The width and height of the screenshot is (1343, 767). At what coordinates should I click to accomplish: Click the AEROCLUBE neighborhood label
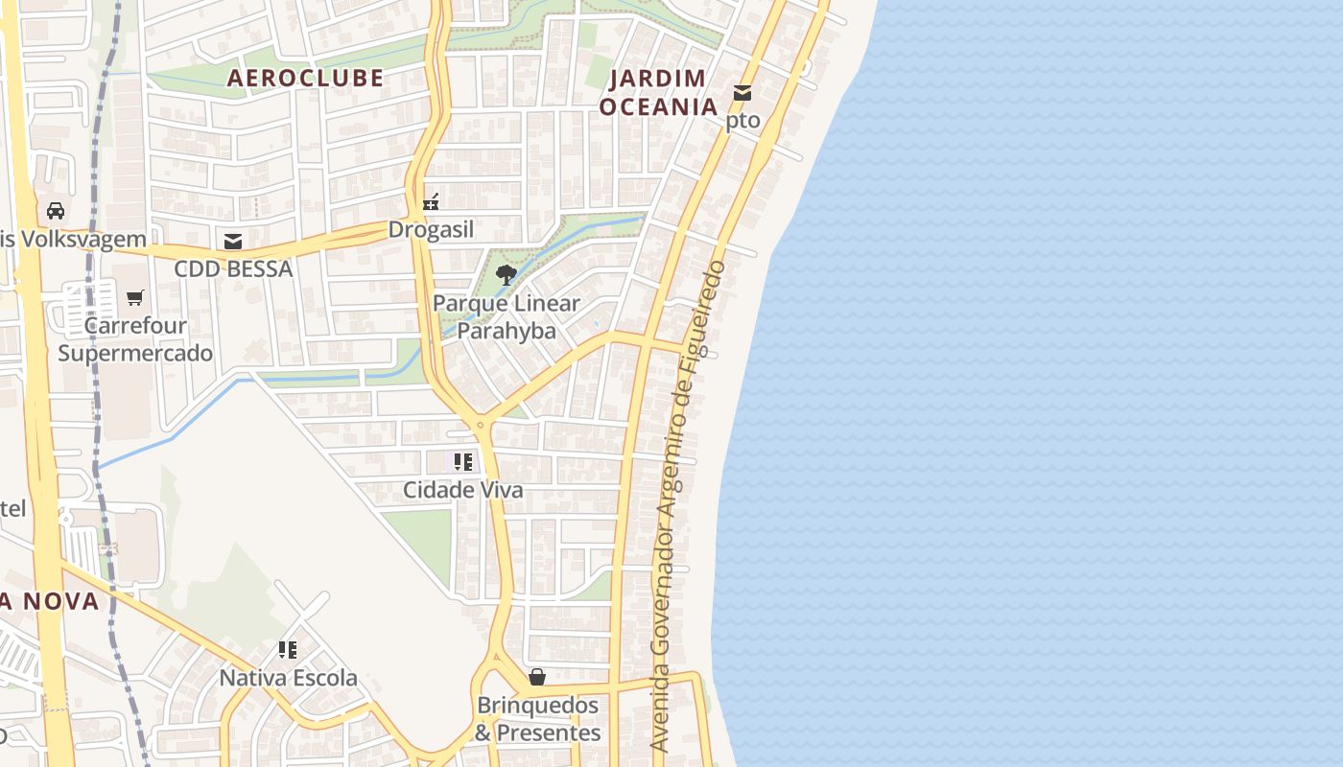pos(305,79)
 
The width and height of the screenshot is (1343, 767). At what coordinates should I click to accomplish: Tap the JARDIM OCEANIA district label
pos(659,92)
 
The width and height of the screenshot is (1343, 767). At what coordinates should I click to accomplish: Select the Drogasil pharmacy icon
pos(431,202)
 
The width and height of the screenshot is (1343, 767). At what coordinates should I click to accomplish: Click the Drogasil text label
pos(431,230)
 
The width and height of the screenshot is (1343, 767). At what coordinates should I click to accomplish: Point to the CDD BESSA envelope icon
pos(233,241)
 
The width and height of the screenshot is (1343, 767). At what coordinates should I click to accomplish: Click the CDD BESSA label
pos(233,269)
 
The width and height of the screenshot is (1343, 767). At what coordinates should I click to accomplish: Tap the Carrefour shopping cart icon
pos(135,298)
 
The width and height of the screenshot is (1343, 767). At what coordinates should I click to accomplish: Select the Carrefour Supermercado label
pos(135,339)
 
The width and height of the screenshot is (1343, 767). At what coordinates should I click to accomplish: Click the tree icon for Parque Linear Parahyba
pos(506,275)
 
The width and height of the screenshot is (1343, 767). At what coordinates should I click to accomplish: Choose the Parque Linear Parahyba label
pos(507,317)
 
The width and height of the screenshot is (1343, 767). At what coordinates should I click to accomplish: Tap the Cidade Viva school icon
pos(463,462)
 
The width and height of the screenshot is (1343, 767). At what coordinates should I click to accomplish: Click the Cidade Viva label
pos(463,490)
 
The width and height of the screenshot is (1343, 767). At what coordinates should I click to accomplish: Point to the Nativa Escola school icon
pos(288,650)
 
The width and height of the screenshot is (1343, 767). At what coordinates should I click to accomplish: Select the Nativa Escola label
pos(288,678)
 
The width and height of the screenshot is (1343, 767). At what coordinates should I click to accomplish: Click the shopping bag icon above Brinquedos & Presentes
pos(537,678)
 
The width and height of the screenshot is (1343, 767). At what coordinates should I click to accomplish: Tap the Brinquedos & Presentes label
pos(538,719)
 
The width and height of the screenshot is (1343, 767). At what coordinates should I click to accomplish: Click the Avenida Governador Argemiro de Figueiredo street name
pos(688,505)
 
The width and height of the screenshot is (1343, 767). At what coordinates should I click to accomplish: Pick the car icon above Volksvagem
pos(56,211)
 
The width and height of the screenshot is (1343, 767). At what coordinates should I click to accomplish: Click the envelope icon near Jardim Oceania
pos(742,93)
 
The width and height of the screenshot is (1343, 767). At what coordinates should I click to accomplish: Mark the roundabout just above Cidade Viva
pos(479,423)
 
